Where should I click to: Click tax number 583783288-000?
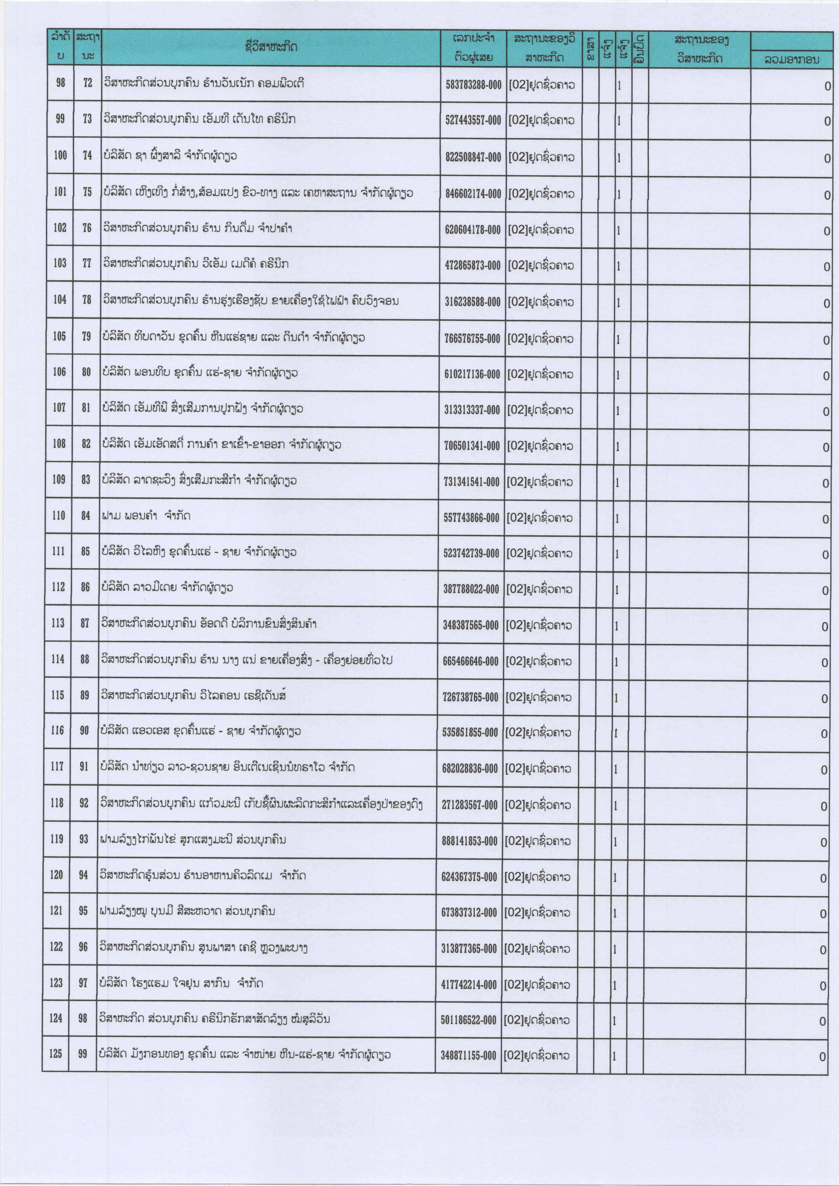coord(473,85)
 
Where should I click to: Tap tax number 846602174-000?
coord(473,194)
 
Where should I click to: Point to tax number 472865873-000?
coord(473,265)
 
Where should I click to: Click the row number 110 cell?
coord(59,515)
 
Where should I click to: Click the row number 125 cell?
coord(56,1054)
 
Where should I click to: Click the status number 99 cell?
coord(83,1054)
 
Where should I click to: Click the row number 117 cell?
coord(58,767)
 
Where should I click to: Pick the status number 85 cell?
coord(86,551)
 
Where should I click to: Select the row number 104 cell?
coord(60,300)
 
